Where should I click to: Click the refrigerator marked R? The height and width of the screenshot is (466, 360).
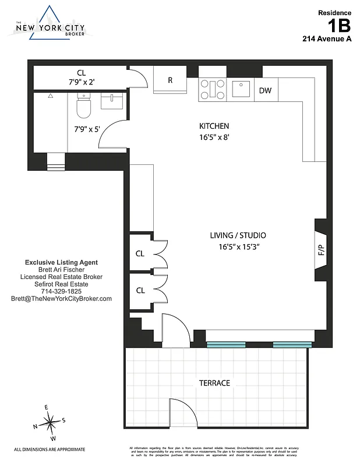170,80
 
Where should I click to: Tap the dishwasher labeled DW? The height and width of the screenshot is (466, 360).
265,90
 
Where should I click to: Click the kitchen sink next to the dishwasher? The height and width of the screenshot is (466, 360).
241,89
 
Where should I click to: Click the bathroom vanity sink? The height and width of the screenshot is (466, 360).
112,101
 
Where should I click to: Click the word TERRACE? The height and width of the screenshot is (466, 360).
215,383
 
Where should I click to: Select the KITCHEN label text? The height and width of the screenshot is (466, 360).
214,126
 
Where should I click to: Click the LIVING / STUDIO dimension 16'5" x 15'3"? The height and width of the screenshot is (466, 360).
238,247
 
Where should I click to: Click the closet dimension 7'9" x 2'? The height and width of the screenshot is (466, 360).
81,82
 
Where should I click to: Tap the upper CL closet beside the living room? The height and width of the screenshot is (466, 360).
140,253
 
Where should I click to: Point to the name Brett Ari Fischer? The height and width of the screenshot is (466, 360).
61,270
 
